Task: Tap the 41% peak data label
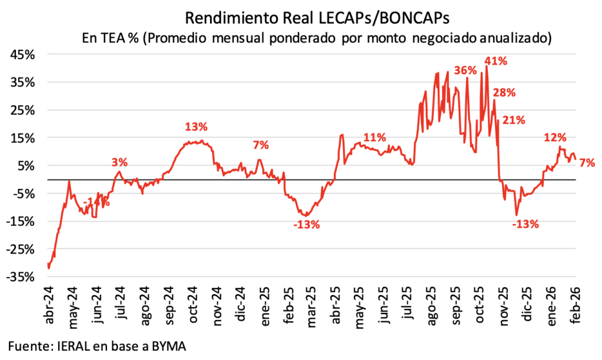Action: point(496,61)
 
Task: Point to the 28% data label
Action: point(504,92)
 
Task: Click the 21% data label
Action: point(513,120)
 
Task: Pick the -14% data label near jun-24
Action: point(96,203)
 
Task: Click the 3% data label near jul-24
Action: point(120,162)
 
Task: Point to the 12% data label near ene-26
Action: point(555,138)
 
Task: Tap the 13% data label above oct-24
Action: point(196,126)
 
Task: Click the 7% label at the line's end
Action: point(587,162)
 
